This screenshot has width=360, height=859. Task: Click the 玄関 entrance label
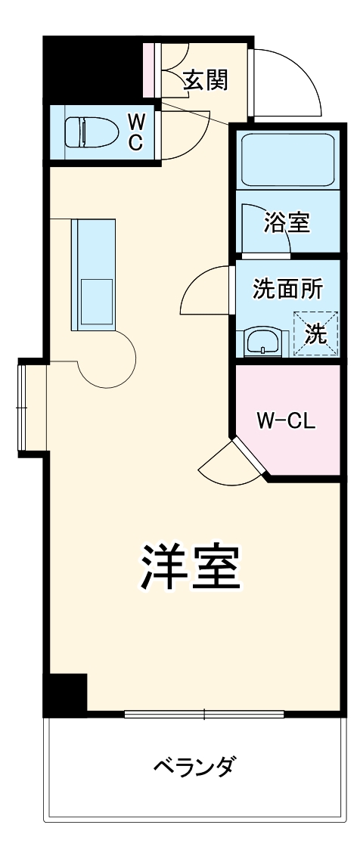[205, 79]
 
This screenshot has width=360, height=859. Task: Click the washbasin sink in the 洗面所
[262, 341]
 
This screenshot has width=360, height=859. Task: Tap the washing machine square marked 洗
[316, 333]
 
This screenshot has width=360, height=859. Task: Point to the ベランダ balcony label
[193, 768]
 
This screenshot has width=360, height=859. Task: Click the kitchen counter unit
[94, 274]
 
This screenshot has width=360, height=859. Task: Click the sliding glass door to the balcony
[204, 713]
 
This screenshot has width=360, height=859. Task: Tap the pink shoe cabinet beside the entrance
[148, 70]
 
